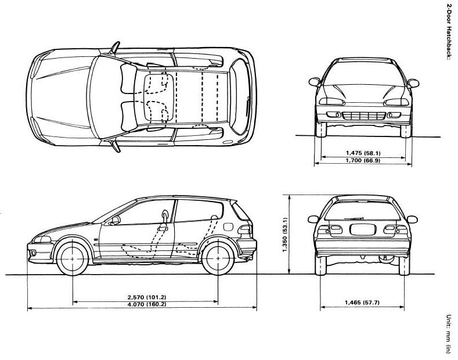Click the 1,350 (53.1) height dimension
(x=285, y=235)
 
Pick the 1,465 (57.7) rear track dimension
(x=361, y=303)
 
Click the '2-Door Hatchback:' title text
(x=449, y=34)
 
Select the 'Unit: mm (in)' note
(x=448, y=334)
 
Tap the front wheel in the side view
(x=73, y=256)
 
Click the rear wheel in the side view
(x=218, y=256)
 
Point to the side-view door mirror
(x=115, y=220)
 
